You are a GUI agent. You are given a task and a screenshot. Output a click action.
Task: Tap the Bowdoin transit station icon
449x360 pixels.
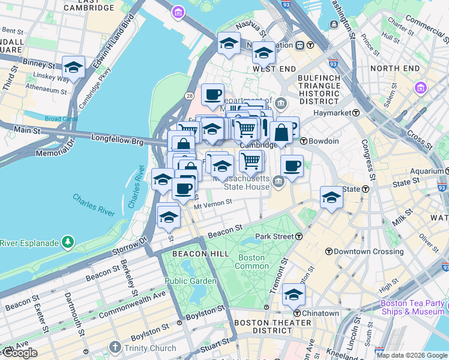point(304,141)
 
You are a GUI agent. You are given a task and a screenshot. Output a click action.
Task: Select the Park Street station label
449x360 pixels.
point(274,236)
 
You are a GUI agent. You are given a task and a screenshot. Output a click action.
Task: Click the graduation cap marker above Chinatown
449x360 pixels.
point(294,295)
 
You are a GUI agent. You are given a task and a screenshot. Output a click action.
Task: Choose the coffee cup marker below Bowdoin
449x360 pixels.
point(292,166)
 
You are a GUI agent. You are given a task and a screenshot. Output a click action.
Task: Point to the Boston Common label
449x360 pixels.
point(251,262)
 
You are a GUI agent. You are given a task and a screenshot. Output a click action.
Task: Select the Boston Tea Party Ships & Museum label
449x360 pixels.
point(412,307)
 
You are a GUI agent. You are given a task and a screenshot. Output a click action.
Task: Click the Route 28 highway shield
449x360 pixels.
point(189,95)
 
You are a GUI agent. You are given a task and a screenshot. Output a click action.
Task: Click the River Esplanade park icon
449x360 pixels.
point(68,242)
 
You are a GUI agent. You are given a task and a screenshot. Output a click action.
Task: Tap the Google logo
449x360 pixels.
point(19,353)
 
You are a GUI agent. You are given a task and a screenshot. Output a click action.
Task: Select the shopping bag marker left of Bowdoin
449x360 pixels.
point(281,133)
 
